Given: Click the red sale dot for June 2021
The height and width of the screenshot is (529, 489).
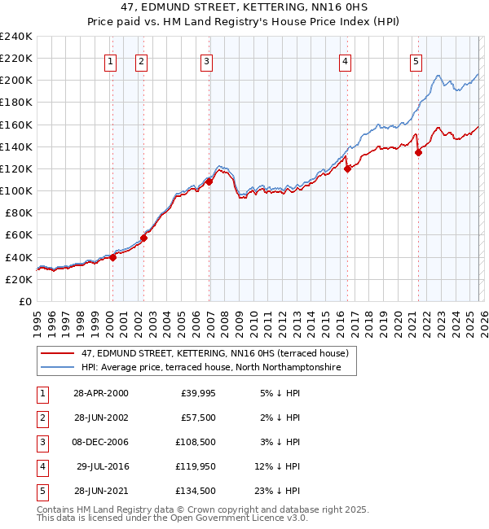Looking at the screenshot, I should coord(418,152).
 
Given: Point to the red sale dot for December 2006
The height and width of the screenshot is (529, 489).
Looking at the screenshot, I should coord(209,181).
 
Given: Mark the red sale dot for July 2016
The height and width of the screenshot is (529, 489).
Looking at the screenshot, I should coord(347,168).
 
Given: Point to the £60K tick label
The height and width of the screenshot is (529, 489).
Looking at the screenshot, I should coord(18,234).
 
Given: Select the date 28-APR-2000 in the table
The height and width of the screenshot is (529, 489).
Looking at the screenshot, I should coord(100,393).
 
